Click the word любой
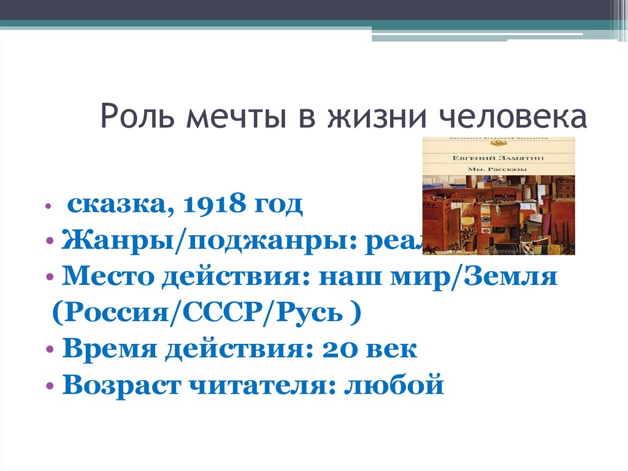[394, 387]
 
